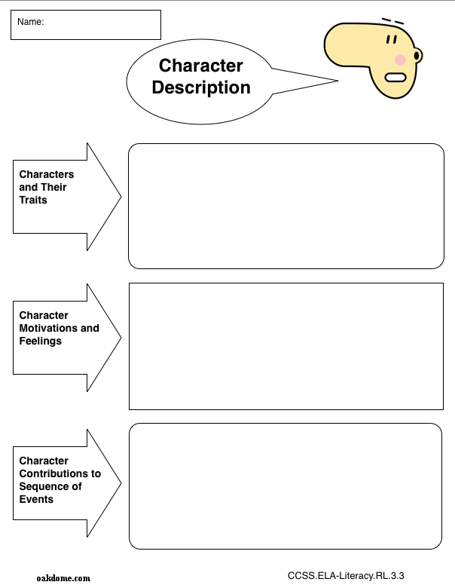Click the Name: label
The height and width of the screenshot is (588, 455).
click(x=30, y=22)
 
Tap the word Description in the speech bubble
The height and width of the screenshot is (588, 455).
click(x=201, y=87)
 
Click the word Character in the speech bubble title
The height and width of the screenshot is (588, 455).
click(x=201, y=66)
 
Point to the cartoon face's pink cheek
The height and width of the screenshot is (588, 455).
click(x=400, y=60)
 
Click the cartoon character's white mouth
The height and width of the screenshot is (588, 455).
click(x=395, y=78)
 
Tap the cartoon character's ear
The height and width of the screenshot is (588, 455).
click(x=417, y=56)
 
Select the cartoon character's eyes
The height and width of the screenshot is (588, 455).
click(x=392, y=39)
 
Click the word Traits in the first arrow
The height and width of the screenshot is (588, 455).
click(x=33, y=200)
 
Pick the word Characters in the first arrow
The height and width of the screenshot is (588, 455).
click(x=47, y=174)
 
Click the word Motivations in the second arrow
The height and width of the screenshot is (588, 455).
click(x=48, y=328)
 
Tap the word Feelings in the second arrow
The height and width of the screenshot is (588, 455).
click(x=41, y=341)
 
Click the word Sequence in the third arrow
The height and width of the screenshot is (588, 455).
click(x=44, y=486)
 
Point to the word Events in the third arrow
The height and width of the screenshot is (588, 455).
click(x=36, y=500)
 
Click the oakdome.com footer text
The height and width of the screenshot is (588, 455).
click(x=63, y=578)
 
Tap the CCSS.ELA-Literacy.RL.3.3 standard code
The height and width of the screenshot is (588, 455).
click(x=346, y=576)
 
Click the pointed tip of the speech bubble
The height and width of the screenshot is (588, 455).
click(x=337, y=81)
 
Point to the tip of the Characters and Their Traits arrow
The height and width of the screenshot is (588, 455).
click(x=121, y=197)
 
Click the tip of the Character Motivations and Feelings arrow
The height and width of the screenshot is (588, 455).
click(x=121, y=338)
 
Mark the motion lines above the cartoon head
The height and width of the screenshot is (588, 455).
click(x=392, y=21)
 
